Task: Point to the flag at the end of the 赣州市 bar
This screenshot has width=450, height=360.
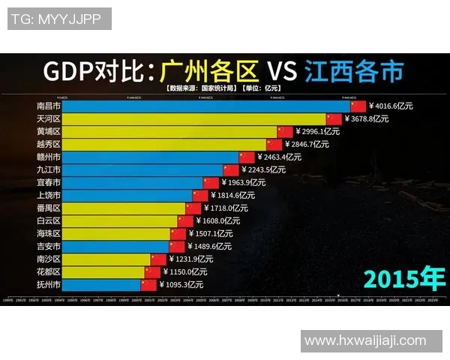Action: point(247,157)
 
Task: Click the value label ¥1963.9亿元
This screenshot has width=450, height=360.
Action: point(244,182)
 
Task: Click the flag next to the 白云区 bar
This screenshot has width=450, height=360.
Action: point(185,220)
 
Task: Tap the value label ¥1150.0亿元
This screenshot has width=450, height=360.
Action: point(185,271)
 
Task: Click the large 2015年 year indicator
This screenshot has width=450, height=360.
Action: point(403,277)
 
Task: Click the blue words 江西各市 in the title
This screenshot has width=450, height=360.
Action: point(354,71)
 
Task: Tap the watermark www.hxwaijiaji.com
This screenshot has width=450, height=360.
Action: point(365,340)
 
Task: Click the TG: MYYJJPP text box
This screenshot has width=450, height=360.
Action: point(59,19)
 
